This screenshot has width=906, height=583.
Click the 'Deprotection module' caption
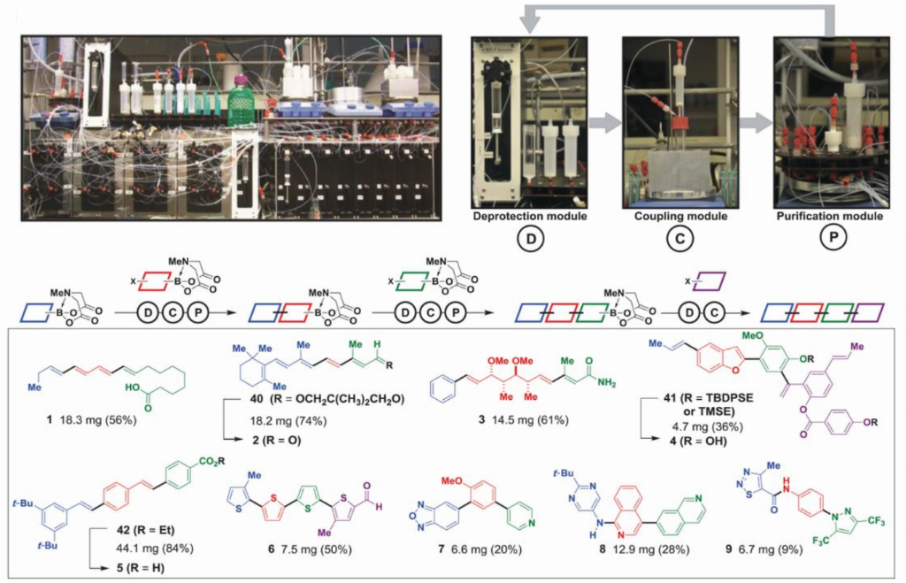pyautogui.click(x=529, y=216)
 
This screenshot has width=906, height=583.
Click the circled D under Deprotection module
pyautogui.click(x=529, y=239)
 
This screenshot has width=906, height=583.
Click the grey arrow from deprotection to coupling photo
pyautogui.click(x=605, y=123)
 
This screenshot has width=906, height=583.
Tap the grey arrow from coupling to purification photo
pyautogui.click(x=755, y=123)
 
